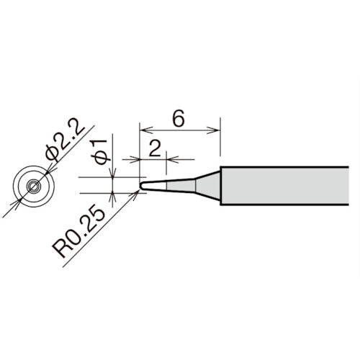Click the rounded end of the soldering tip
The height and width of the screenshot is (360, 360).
pyautogui.click(x=141, y=185)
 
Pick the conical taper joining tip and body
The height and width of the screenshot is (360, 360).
pyautogui.click(x=207, y=185)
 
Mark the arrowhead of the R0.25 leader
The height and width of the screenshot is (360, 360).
pyautogui.click(x=137, y=191)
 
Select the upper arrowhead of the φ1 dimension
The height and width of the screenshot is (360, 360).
pyautogui.click(x=113, y=175)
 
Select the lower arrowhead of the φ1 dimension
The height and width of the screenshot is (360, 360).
pyautogui.click(x=113, y=196)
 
